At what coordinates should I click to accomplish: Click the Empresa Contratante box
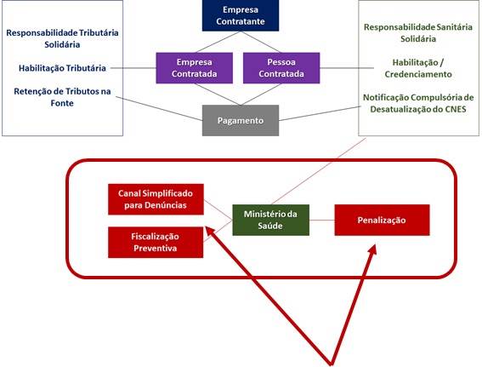pyautogui.click(x=241, y=15)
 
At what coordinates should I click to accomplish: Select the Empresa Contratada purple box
pyautogui.click(x=195, y=68)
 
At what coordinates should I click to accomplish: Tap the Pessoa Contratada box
pyautogui.click(x=281, y=68)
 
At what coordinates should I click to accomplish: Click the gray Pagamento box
pyautogui.click(x=241, y=120)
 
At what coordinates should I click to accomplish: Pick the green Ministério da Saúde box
pyautogui.click(x=271, y=220)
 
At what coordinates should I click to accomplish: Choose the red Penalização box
pyautogui.click(x=382, y=220)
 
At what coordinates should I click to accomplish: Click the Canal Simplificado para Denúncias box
pyautogui.click(x=156, y=199)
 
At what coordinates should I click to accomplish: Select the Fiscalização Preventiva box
pyautogui.click(x=156, y=243)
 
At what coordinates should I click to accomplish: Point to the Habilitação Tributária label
pyautogui.click(x=62, y=68)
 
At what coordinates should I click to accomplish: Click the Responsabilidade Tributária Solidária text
pyautogui.click(x=62, y=38)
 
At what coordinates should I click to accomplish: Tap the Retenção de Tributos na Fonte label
pyautogui.click(x=62, y=97)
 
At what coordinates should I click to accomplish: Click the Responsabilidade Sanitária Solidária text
pyautogui.click(x=418, y=33)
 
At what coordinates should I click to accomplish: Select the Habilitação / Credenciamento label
pyautogui.click(x=418, y=68)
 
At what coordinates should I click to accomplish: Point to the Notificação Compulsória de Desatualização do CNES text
pyautogui.click(x=418, y=103)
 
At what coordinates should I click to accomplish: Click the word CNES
pyautogui.click(x=456, y=109)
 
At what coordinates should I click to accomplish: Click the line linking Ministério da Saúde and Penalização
pyautogui.click(x=322, y=221)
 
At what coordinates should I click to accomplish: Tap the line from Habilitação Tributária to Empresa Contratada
pyautogui.click(x=133, y=68)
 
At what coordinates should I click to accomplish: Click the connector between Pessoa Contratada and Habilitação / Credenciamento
pyautogui.click(x=347, y=68)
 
